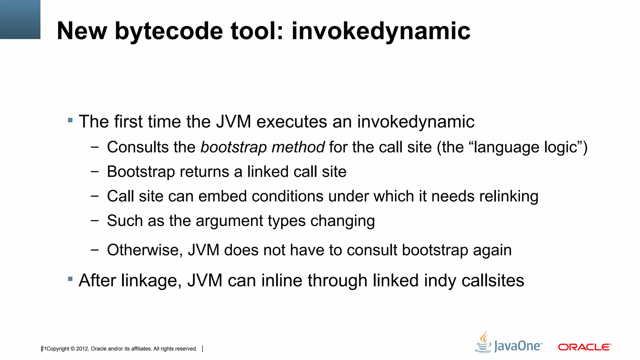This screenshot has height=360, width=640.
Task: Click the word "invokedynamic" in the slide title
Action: [381, 31]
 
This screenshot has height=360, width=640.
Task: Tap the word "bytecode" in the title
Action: [169, 31]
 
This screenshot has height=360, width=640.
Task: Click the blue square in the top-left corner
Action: [20, 19]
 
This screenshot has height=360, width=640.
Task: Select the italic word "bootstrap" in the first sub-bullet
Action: [233, 147]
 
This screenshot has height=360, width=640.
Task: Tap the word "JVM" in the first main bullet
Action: [233, 122]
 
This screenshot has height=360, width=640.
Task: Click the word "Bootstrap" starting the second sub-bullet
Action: [141, 172]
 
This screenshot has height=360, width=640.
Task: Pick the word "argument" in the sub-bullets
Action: [229, 221]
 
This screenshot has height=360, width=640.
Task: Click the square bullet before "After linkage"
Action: [70, 278]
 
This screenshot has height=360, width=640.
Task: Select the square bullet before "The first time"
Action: [70, 120]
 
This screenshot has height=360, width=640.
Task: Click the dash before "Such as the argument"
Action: [94, 221]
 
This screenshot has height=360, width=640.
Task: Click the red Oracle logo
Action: [584, 347]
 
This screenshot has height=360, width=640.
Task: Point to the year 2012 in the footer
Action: [82, 349]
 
